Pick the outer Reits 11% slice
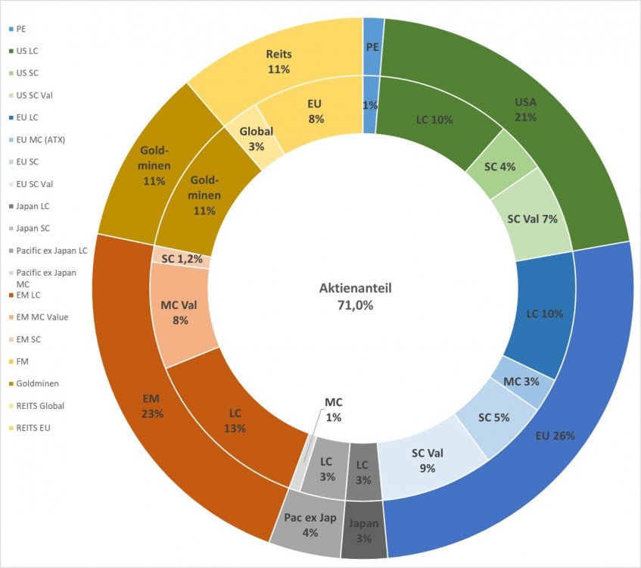click(x=278, y=61)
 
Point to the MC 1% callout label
click(x=334, y=410)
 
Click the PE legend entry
click(x=21, y=29)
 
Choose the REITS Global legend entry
click(x=39, y=405)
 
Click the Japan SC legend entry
click(x=33, y=228)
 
